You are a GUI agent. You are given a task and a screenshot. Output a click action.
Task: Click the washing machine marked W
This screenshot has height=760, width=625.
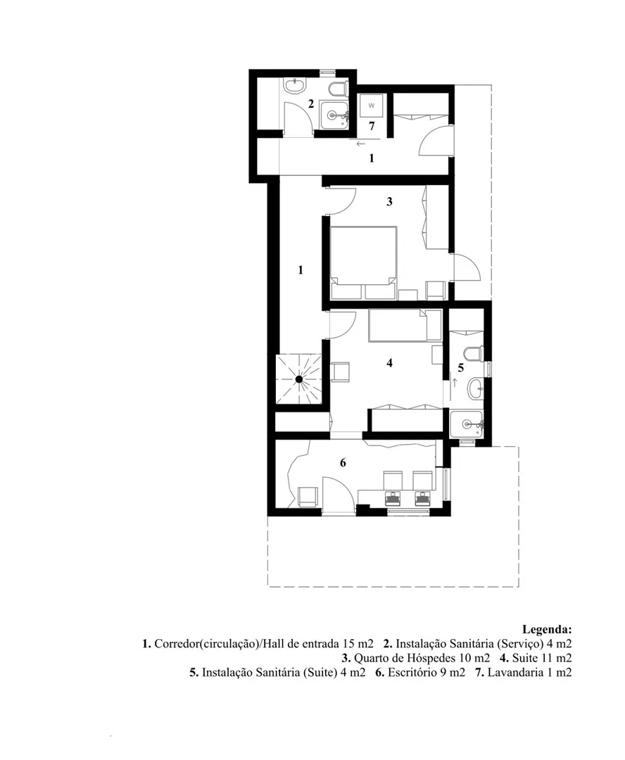point(372,105)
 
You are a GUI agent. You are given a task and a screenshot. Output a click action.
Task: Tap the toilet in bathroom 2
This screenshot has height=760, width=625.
point(337,89)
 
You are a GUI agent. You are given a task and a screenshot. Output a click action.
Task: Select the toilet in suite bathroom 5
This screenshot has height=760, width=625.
point(473,353)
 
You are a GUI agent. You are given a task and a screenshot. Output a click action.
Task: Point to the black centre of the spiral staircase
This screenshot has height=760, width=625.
point(299,379)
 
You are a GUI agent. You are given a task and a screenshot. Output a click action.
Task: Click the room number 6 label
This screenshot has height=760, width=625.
point(343,463)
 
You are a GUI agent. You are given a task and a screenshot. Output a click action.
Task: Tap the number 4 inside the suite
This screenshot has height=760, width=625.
point(389,362)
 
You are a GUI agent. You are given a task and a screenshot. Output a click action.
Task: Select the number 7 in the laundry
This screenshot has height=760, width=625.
point(372,126)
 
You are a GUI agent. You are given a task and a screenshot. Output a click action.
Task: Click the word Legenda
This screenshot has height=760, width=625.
point(547,630)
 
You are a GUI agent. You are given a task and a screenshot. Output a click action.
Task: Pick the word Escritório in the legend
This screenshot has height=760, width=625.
point(410,672)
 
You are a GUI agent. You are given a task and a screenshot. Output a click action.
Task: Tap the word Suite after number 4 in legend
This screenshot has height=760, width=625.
point(525,658)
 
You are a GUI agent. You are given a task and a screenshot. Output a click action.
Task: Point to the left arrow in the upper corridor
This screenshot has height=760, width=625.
point(360,144)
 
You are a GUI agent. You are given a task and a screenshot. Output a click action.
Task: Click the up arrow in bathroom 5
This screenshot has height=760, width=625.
point(455,383)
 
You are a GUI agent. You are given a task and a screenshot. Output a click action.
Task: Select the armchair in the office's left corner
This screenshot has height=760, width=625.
point(308,498)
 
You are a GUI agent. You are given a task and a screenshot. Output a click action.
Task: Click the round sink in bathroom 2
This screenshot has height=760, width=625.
point(296,87)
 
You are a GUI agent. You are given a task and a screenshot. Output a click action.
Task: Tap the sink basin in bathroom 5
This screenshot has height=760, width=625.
point(476,388)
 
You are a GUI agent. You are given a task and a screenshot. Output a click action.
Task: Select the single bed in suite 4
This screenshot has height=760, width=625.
point(405,326)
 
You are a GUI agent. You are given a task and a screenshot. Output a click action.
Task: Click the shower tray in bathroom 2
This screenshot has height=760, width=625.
point(334,115)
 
